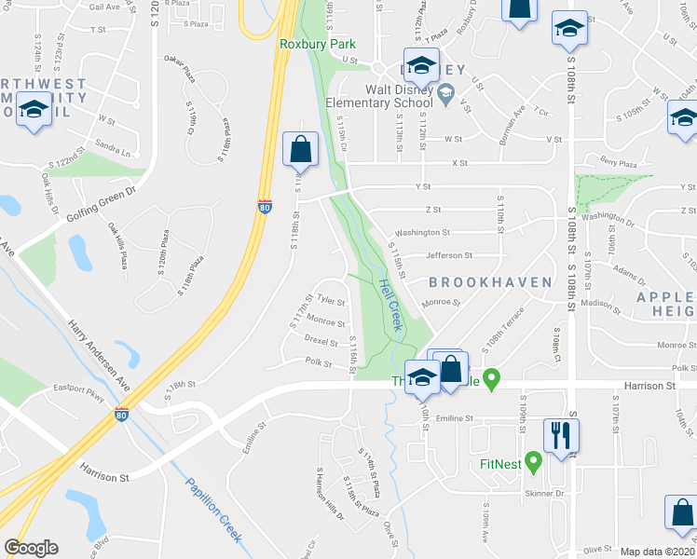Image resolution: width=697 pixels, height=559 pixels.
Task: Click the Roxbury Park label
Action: click(305, 44)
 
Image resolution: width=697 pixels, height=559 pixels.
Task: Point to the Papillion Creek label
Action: click(214, 511)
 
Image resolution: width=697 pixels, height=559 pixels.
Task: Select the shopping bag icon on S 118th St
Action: click(301, 149)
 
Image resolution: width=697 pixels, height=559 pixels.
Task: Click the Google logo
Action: click(31, 548)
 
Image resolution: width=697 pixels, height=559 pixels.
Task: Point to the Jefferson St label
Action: click(449, 255)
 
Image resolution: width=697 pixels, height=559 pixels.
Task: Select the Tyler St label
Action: click(331, 301)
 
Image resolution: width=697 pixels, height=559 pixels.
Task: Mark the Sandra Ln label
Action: click(113, 149)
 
